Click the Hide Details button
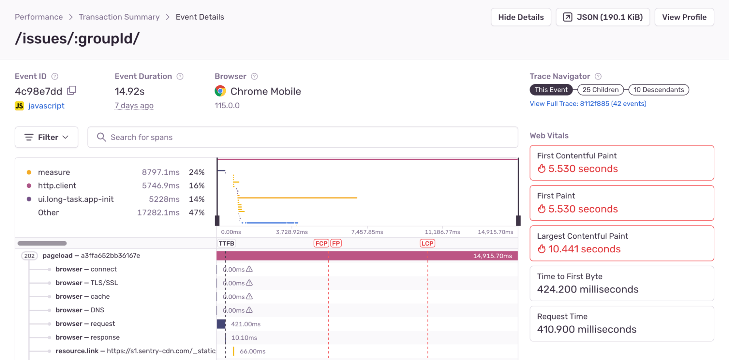[521, 17]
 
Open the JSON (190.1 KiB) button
[603, 17]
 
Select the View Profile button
[684, 17]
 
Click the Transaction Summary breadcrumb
[119, 17]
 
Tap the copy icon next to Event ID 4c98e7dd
[72, 90]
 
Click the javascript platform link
[46, 106]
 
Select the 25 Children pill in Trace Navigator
[600, 90]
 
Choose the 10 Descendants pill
[659, 90]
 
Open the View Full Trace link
[588, 104]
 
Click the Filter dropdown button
[46, 137]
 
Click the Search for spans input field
[303, 137]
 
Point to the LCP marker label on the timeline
[427, 243]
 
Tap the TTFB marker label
[226, 243]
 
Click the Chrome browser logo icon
[220, 91]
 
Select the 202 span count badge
[30, 256]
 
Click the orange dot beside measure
[29, 172]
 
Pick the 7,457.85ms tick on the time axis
[367, 232]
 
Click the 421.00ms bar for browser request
[221, 324]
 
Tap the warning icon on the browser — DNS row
[249, 310]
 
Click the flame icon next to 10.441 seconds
[542, 249]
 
